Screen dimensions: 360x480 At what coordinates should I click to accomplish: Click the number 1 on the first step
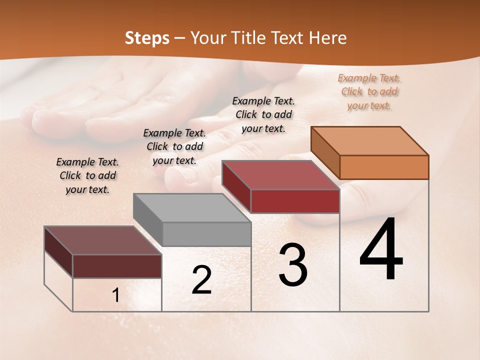tap(116, 295)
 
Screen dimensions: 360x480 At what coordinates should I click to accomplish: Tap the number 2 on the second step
tap(201, 280)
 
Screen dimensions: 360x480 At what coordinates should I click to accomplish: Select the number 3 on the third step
tap(292, 265)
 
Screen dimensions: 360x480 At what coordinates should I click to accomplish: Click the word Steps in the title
tap(147, 38)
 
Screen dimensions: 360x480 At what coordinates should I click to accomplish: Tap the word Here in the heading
tap(328, 38)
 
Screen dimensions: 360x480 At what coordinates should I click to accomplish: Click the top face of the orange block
tap(370, 141)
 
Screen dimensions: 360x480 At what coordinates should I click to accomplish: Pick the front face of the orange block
tap(384, 167)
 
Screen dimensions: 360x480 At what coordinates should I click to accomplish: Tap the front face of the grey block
tap(206, 234)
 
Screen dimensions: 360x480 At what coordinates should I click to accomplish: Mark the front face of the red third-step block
tap(295, 201)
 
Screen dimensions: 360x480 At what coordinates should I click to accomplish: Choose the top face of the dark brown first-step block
tap(103, 240)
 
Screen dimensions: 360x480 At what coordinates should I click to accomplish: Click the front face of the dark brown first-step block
tap(117, 266)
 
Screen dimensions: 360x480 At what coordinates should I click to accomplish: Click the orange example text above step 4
tap(369, 91)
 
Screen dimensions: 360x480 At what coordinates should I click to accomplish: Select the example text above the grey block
tap(174, 146)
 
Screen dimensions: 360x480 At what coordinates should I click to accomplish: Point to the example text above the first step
tap(87, 175)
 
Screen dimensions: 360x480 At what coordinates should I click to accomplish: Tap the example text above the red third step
tap(263, 114)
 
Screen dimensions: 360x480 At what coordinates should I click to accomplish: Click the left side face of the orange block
tap(325, 153)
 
